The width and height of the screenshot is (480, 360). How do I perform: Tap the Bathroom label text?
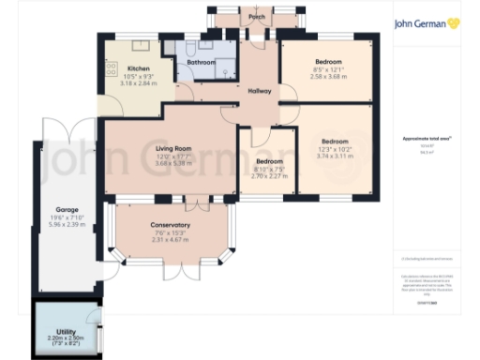202,63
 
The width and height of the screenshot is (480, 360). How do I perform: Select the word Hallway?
259,91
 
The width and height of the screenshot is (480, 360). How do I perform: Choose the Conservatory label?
171,225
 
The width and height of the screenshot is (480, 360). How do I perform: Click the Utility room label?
65,331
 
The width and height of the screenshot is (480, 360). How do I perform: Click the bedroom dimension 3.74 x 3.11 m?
341,157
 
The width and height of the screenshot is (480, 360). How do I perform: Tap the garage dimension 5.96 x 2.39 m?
67,225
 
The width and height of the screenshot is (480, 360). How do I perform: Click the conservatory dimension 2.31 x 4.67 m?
171,240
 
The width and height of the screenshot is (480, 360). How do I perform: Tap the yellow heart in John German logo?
454,22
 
